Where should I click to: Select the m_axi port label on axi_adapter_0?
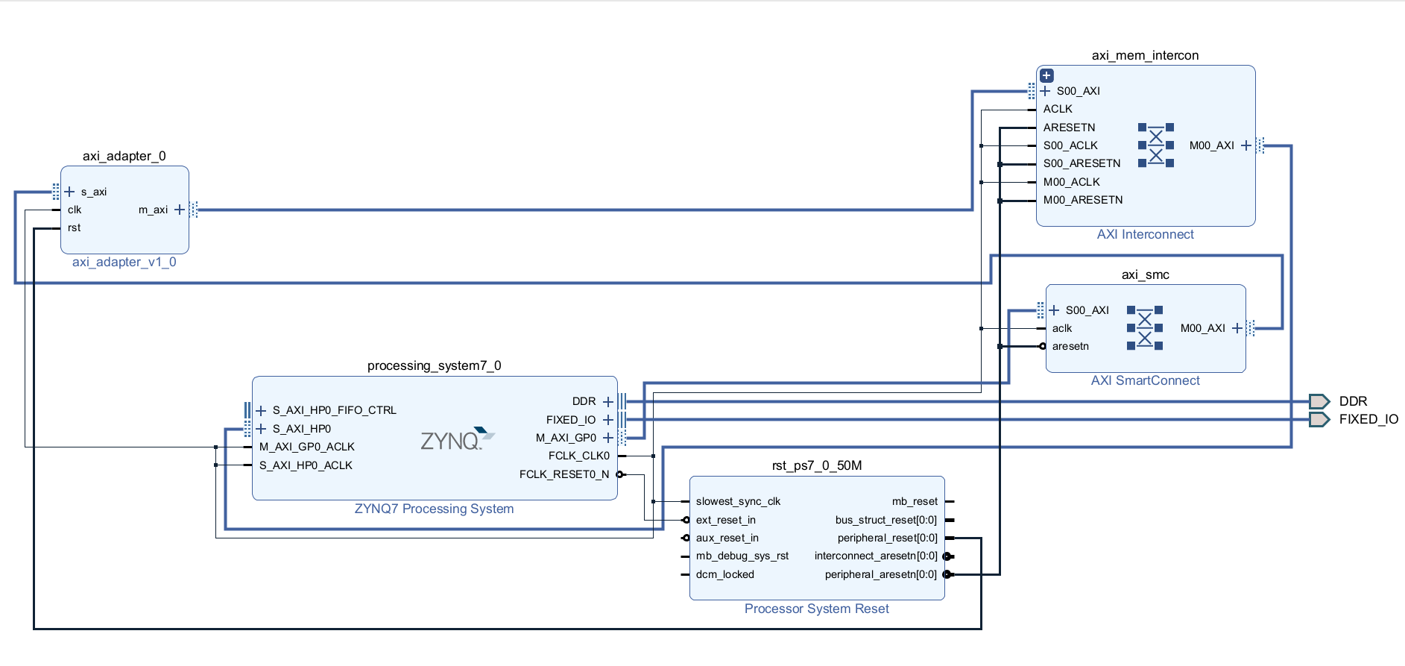coord(153,210)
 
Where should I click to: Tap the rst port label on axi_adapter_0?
coord(74,227)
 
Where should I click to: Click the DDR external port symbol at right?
coord(1319,401)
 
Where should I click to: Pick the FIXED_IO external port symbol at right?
coord(1319,419)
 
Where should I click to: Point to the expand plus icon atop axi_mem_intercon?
coord(1046,75)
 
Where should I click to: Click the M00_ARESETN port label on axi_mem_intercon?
coord(1083,200)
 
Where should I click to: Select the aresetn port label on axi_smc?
coord(1070,346)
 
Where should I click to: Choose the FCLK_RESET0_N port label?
coord(564,474)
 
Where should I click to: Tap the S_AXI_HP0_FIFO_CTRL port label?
coord(335,410)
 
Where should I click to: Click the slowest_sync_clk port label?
coord(738,501)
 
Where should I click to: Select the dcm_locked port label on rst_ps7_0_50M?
coord(725,574)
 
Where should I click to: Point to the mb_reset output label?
coord(915,501)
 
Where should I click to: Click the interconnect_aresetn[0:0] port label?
coord(876,556)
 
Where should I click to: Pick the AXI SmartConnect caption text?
coord(1146,380)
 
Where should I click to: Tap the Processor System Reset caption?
coord(817,609)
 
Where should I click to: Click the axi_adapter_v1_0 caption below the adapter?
coord(124,262)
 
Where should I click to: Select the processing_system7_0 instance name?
coord(435,365)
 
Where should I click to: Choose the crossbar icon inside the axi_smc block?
coord(1145,328)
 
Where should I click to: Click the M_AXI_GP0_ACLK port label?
coord(307,447)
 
